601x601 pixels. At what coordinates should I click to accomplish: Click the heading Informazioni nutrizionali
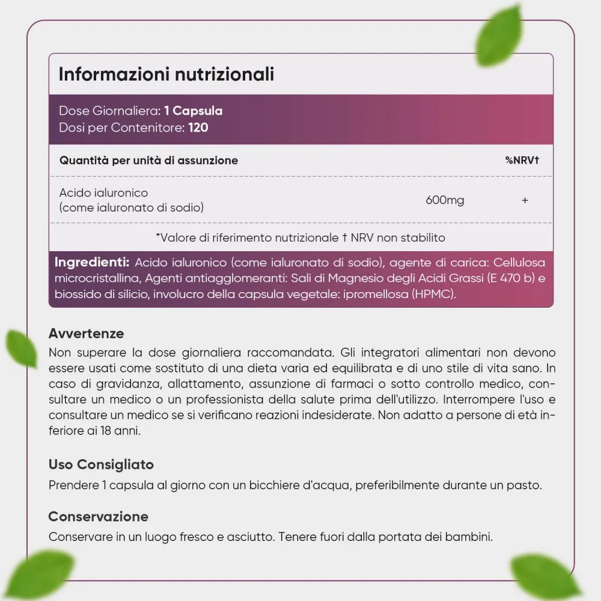click(x=166, y=74)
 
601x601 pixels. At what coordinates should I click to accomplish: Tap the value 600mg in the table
click(x=445, y=200)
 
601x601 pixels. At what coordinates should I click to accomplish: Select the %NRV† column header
click(x=522, y=160)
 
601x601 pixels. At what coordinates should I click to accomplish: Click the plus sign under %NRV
click(x=525, y=200)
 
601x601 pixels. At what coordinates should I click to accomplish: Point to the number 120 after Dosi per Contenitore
click(x=198, y=127)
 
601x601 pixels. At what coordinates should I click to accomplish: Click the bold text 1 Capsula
click(x=193, y=111)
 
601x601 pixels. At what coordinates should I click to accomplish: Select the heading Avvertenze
click(x=87, y=334)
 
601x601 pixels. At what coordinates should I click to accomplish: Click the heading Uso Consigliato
click(x=101, y=465)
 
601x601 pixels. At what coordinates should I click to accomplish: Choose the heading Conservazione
click(x=99, y=517)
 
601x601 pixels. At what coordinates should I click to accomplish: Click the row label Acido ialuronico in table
click(x=103, y=193)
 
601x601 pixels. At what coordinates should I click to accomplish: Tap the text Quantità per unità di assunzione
click(x=148, y=160)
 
